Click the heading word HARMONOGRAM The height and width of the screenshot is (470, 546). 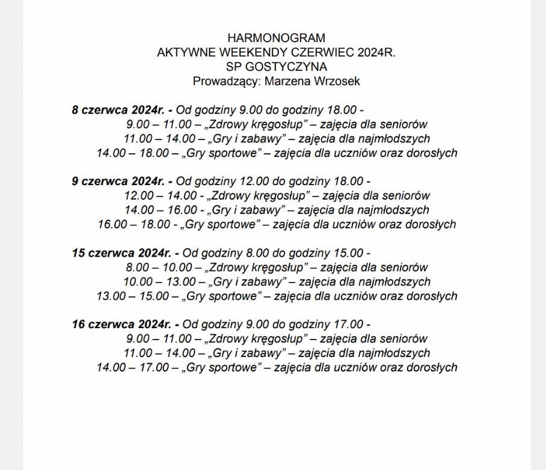coord(276,38)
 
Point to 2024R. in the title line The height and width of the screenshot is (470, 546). coord(376,52)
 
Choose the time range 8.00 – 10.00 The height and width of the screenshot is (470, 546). coord(160,267)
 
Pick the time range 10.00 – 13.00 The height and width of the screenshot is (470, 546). coord(160,281)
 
